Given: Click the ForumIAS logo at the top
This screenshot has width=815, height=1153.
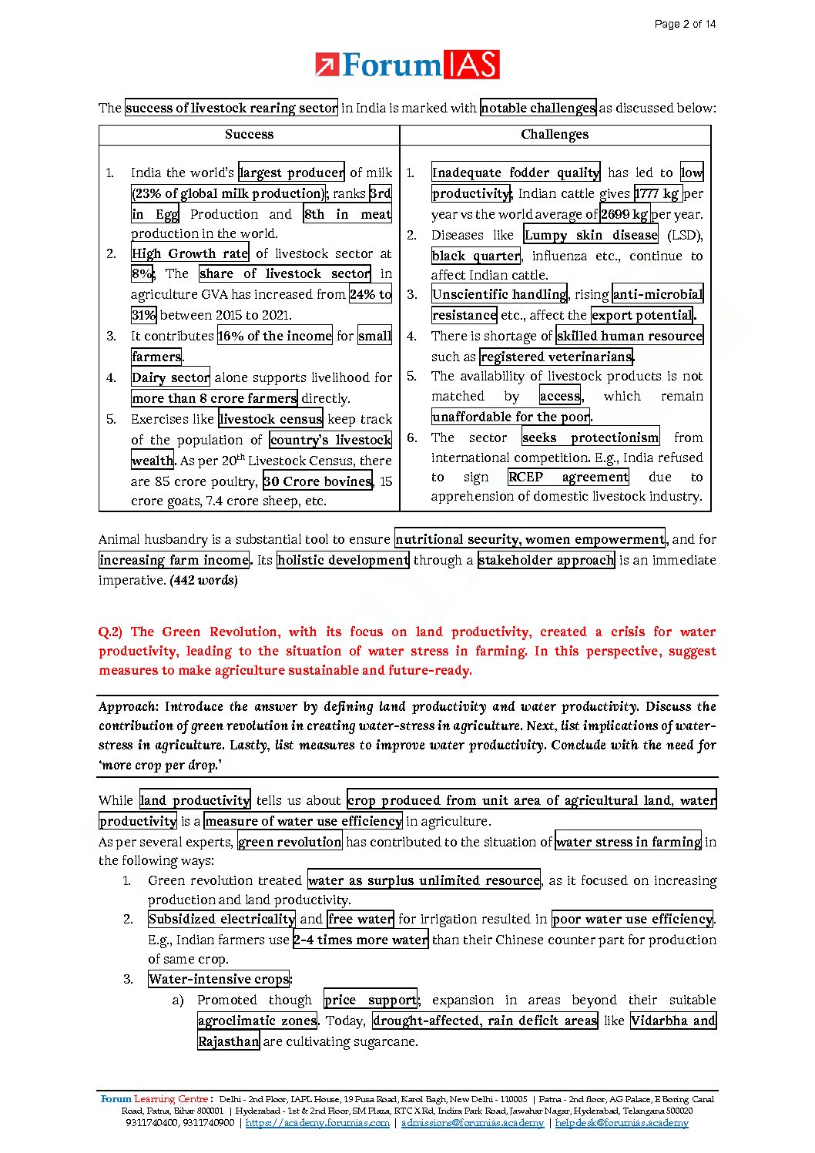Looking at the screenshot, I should [407, 65].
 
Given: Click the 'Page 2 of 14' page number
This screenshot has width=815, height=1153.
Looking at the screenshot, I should [685, 24].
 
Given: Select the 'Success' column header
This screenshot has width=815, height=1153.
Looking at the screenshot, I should [249, 134].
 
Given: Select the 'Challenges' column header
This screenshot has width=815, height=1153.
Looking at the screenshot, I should [555, 134].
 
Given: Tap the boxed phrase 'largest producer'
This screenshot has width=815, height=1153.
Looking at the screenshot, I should [291, 173].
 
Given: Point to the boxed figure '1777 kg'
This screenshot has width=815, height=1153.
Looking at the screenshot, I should [657, 193].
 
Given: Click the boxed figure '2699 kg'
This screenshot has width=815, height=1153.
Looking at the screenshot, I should [624, 214].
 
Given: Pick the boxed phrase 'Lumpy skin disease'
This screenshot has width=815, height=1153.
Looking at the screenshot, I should [591, 235].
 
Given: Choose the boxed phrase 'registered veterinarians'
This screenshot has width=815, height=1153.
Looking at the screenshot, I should [556, 357].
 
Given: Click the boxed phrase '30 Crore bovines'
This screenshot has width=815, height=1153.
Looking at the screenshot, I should [318, 481].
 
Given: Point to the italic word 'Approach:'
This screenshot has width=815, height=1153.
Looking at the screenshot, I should [129, 706].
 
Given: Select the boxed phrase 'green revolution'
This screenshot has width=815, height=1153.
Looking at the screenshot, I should [290, 842].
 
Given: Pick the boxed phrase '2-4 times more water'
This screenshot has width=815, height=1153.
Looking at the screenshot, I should [361, 940].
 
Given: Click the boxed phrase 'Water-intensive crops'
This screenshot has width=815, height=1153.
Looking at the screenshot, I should [219, 979].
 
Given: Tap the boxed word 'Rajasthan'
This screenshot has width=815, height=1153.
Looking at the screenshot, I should [229, 1041].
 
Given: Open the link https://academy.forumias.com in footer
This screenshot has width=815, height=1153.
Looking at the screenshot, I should [317, 1123].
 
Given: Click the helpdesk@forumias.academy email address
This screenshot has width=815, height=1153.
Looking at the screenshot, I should [622, 1123].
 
